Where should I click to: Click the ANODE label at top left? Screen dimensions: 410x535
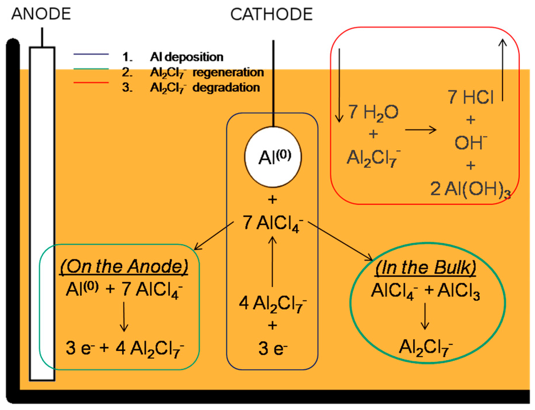[41, 13]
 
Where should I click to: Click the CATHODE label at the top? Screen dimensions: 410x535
[271, 14]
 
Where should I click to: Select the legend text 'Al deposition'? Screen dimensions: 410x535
[187, 57]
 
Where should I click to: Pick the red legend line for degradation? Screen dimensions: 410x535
[91, 87]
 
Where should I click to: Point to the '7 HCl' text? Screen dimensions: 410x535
[471, 98]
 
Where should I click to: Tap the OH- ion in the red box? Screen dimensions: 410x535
[471, 143]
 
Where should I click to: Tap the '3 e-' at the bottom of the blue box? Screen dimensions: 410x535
[272, 347]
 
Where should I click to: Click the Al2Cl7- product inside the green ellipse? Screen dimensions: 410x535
[426, 346]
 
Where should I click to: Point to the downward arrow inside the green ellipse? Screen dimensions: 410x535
[426, 316]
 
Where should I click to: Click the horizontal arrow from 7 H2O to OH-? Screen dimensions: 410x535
[420, 129]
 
